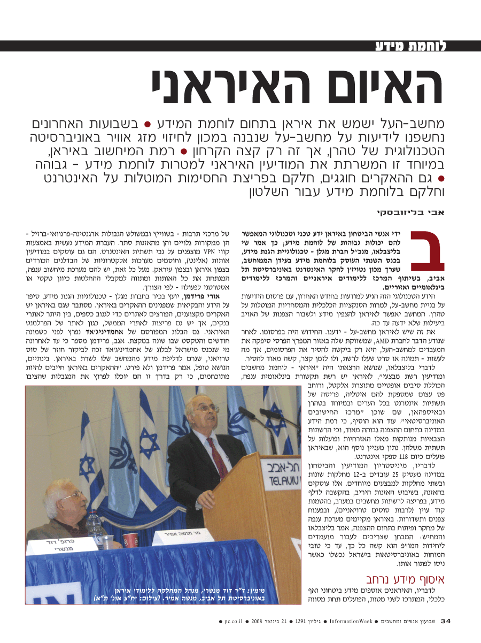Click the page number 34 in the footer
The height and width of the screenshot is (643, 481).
point(446,621)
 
